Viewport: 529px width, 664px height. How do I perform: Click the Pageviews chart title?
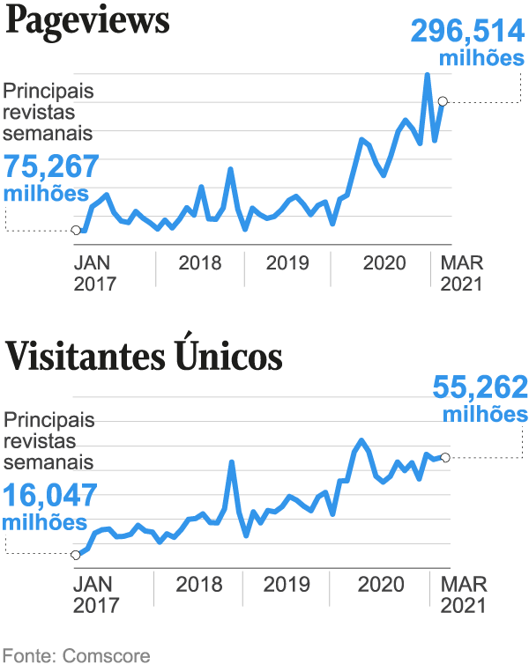coord(87,22)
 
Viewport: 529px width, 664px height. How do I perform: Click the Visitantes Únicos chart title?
coord(145,357)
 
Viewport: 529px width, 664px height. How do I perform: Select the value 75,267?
coord(51,167)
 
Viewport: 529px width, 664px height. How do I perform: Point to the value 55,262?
coord(480,387)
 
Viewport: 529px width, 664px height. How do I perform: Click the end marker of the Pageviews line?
coord(443,101)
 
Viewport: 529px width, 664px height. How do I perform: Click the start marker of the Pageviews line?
coord(77,231)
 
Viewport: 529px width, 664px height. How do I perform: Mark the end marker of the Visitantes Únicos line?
coord(445,457)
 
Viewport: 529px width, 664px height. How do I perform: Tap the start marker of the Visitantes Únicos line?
coord(76,554)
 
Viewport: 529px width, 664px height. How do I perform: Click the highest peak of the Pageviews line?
coord(428,75)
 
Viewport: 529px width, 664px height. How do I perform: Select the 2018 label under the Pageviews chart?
coord(199,262)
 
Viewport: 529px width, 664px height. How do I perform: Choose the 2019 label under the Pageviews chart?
coord(287,262)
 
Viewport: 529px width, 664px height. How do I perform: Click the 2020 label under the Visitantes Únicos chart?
coord(384,585)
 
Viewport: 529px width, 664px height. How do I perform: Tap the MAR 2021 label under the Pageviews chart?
coord(462,273)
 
